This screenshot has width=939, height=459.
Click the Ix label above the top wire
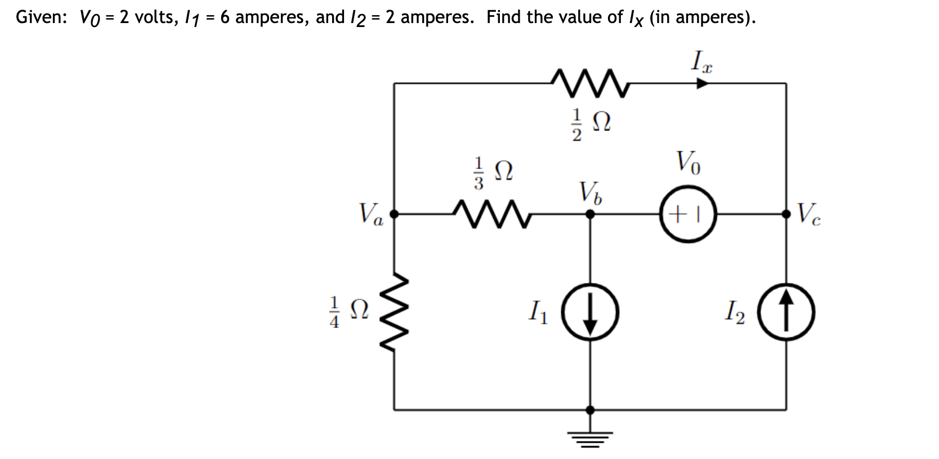(x=701, y=60)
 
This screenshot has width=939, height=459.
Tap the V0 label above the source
(x=688, y=164)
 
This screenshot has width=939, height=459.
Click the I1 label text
(x=542, y=311)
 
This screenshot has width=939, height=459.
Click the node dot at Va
(x=394, y=214)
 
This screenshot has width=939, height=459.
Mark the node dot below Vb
(x=590, y=214)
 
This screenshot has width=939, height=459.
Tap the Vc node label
(x=808, y=214)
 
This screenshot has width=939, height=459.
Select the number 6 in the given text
(x=225, y=17)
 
